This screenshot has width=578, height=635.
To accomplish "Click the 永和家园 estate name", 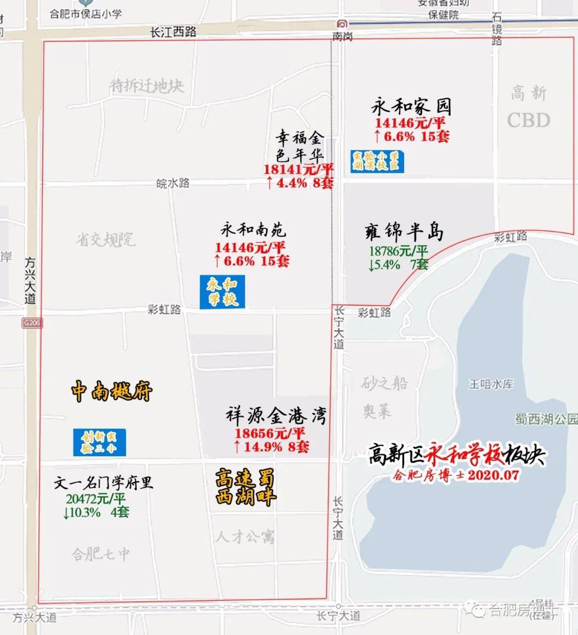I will pos(411,106).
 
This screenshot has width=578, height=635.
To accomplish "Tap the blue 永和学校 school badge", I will pos(222,292).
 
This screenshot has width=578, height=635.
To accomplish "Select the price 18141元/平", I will pos(298,170).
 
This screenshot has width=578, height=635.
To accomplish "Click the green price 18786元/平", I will pos(398,251).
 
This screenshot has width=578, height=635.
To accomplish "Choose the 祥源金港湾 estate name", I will pos(276,416).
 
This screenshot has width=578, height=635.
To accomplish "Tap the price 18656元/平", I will pos(269,433).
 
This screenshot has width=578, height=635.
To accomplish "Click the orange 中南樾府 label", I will pos(112,392).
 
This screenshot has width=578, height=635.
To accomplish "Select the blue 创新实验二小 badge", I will pos(100,442).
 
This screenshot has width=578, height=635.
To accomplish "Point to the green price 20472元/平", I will pos(96,499).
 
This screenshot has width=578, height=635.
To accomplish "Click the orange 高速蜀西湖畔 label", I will pos(245,487).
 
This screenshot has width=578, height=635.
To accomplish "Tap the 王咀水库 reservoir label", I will pos(491,384).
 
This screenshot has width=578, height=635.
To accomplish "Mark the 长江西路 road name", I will pos(173,32).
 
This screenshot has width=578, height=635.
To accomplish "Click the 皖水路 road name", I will pos(173,183).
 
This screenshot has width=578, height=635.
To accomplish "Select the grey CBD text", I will pos(528,120).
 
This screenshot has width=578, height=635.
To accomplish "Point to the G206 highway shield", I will pos(32,323).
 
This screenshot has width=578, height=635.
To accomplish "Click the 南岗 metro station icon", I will pos(342,24).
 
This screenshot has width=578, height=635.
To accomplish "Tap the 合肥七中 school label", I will pos(101,554).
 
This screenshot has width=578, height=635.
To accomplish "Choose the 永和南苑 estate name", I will pos(253,230).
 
